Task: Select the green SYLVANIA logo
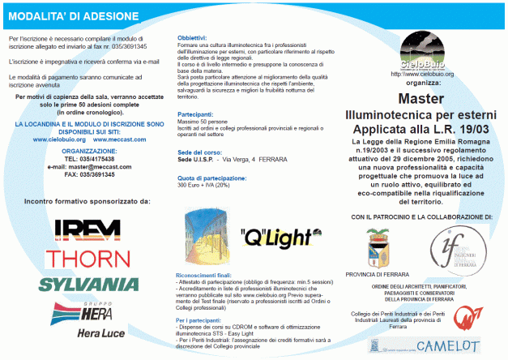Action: click(x=88, y=285)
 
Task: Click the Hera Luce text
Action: click(x=102, y=332)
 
